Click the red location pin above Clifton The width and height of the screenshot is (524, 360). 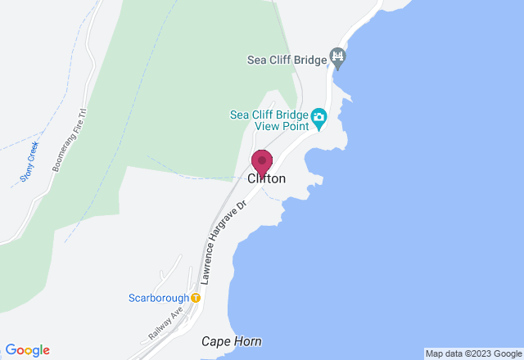pyautogui.click(x=262, y=160)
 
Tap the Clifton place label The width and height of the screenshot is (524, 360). pyautogui.click(x=266, y=178)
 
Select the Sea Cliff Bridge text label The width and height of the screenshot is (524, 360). pyautogui.click(x=287, y=58)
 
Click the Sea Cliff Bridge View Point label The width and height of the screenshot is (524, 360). pyautogui.click(x=268, y=120)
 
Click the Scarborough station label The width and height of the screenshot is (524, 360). pyautogui.click(x=158, y=298)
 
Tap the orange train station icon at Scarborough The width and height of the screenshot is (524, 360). pyautogui.click(x=196, y=298)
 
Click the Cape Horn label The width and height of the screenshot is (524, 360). pyautogui.click(x=232, y=341)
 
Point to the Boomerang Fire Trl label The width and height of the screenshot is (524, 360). pyautogui.click(x=70, y=140)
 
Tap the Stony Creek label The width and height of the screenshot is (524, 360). pyautogui.click(x=29, y=161)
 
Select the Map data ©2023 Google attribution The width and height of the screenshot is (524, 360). pyautogui.click(x=472, y=353)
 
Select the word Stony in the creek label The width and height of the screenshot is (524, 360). pyautogui.click(x=25, y=170)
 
